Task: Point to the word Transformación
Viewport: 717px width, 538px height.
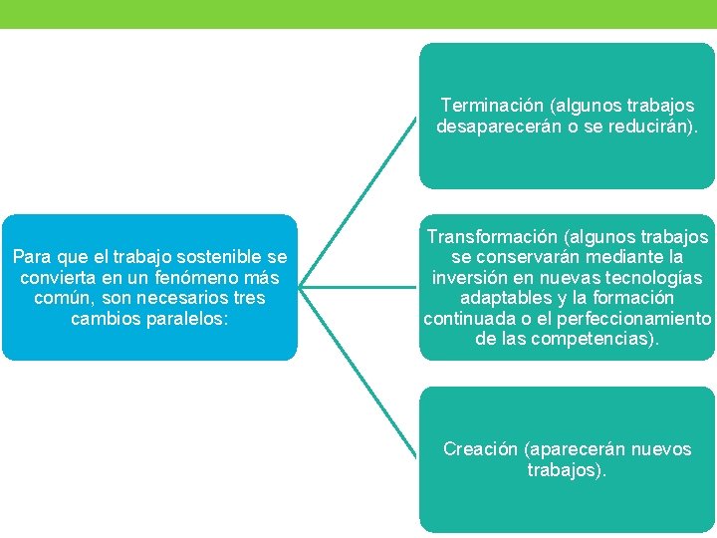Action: tap(491, 238)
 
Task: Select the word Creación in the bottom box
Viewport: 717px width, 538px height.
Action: tap(480, 449)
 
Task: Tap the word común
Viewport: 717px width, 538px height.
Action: tap(61, 298)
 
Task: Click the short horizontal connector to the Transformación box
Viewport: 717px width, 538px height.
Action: tap(358, 288)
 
